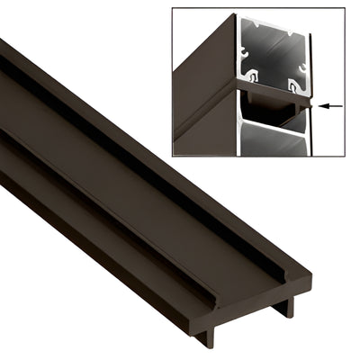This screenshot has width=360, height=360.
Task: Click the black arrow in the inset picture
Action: coord(331,106)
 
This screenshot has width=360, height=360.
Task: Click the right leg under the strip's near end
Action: coord(287,307)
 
